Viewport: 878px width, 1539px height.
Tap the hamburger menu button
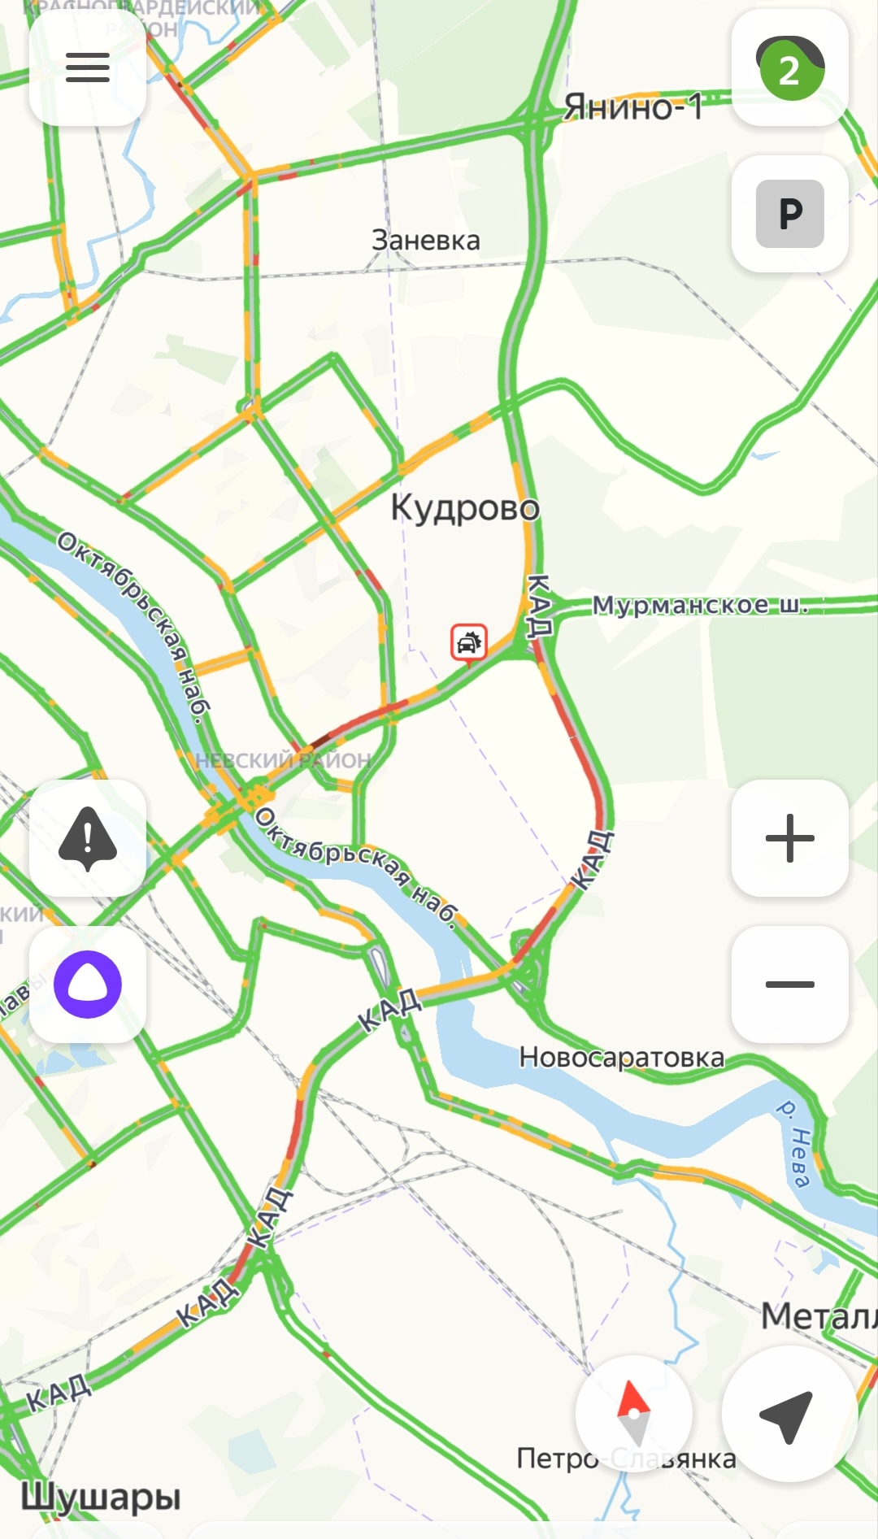tap(88, 67)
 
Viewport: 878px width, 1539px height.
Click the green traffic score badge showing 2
tap(790, 69)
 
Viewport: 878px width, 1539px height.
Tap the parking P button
tap(790, 214)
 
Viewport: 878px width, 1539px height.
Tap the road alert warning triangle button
tap(88, 838)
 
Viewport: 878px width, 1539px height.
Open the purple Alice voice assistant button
tap(88, 985)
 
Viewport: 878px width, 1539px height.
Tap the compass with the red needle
tap(634, 1414)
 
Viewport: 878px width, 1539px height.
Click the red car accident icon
tap(469, 643)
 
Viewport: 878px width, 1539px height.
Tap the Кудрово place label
tap(465, 508)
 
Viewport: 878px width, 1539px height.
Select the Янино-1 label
tap(633, 107)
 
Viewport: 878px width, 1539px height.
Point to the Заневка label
tap(426, 241)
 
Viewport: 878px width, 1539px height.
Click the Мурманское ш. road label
tap(700, 605)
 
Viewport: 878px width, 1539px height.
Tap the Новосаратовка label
tap(622, 1058)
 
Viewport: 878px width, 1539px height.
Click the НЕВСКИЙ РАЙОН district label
tap(284, 761)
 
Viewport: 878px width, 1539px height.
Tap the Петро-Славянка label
tap(626, 1459)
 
